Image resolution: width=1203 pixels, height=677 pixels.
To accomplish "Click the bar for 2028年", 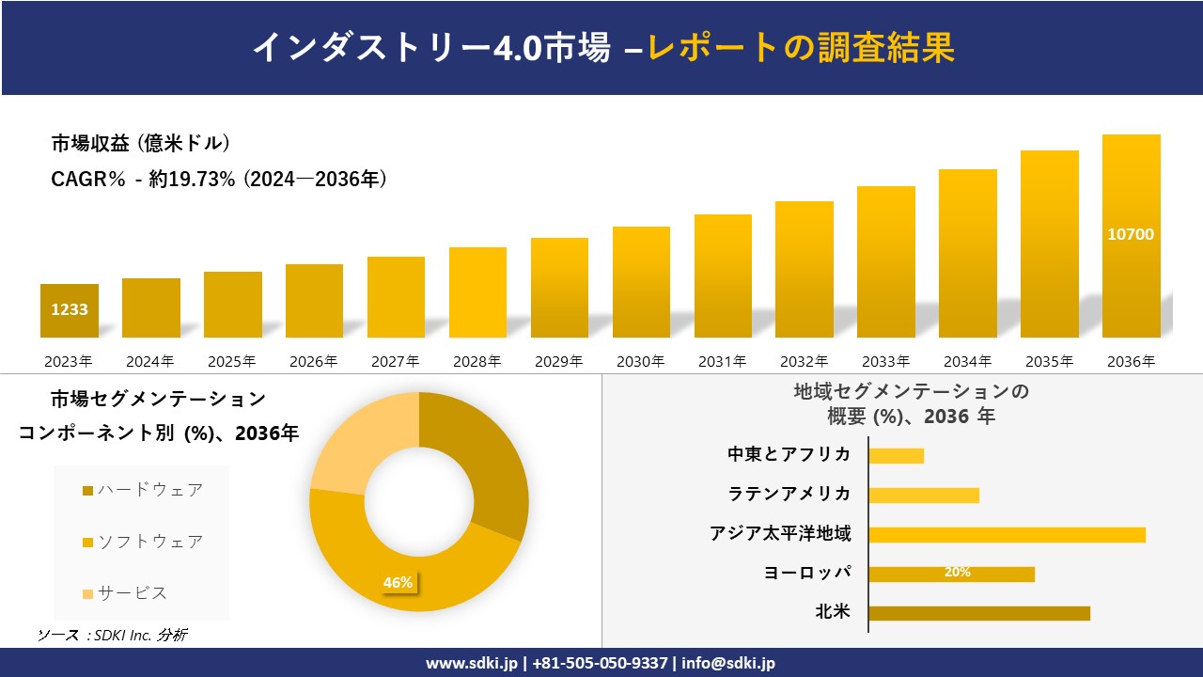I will (477, 292).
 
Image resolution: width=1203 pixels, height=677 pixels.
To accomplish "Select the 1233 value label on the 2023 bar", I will (70, 309).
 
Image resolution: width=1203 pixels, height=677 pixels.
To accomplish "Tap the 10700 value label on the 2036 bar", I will (1131, 235).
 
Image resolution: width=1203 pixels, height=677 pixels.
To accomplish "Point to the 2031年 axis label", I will (722, 361).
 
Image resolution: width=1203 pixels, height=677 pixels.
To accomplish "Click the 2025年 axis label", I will (232, 361).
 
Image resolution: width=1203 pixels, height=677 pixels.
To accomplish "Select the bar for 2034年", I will (967, 253).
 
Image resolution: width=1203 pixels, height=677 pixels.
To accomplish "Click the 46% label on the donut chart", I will (398, 583).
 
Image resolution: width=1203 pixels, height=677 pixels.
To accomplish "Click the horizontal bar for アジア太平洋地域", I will (1007, 535).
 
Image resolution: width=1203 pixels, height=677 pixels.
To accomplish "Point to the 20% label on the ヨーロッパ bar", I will (957, 573).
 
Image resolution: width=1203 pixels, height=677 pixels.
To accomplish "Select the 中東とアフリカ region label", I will (789, 455).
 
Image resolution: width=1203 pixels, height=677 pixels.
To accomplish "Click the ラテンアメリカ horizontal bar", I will (924, 496).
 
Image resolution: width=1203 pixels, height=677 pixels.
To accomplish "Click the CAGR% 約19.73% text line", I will (219, 180).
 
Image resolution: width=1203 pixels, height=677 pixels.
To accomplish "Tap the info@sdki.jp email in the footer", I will (729, 663).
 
